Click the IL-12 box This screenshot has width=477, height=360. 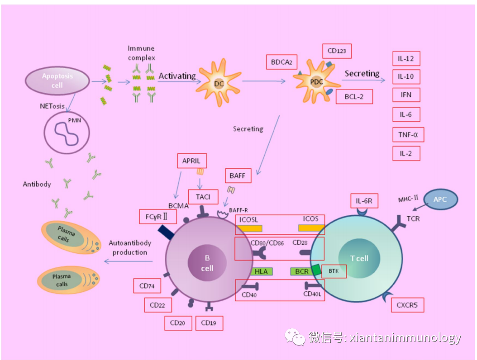point(406,59)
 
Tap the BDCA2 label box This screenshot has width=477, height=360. point(281,62)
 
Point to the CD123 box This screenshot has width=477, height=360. point(337,51)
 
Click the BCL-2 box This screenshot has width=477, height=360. point(354,97)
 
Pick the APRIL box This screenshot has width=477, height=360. point(191,161)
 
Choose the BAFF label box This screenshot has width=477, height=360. point(238,175)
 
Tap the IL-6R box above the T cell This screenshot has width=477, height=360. point(364,201)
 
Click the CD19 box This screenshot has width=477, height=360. point(209,323)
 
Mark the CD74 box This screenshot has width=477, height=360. point(147,286)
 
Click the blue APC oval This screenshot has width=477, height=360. point(439,199)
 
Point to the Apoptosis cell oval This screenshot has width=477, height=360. point(57,81)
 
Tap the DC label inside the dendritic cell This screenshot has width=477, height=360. point(219,84)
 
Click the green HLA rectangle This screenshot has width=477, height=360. point(261,271)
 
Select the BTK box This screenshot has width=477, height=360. point(334,271)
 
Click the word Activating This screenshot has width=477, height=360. point(177,76)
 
